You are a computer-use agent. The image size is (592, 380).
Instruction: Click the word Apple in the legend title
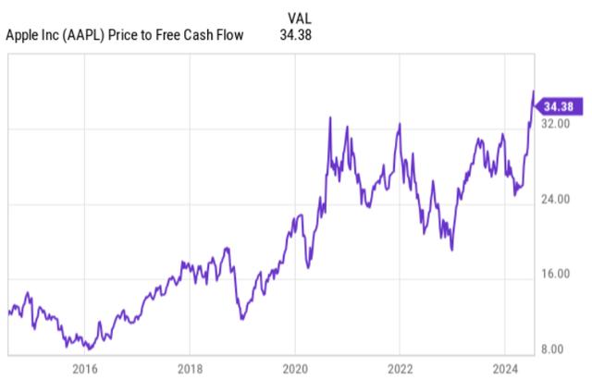(24, 35)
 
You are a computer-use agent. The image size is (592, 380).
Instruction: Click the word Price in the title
(128, 35)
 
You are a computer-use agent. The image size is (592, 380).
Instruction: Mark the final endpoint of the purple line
(533, 91)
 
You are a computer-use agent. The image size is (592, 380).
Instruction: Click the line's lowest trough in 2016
(88, 349)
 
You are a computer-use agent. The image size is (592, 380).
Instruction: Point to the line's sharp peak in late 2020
(330, 117)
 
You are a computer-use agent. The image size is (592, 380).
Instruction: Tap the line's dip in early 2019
(241, 319)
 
